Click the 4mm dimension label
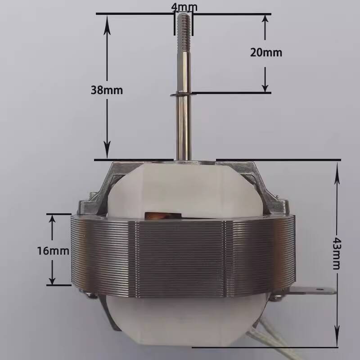[x=184, y=7]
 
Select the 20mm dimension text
[x=266, y=53]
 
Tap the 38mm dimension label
[x=107, y=90]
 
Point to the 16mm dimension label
[x=53, y=251]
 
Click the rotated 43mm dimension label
[x=337, y=253]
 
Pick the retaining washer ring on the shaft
[x=181, y=94]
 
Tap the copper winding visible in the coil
[x=162, y=216]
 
